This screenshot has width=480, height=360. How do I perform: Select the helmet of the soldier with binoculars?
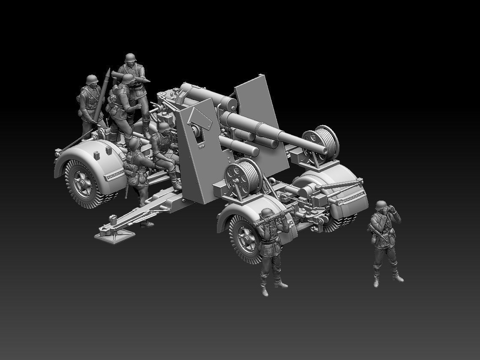coord(380,205)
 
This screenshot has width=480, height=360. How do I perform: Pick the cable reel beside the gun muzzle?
coord(320,140)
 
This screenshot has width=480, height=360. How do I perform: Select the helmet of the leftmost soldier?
coord(92,80)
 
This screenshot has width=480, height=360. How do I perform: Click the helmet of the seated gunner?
coord(164,127)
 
